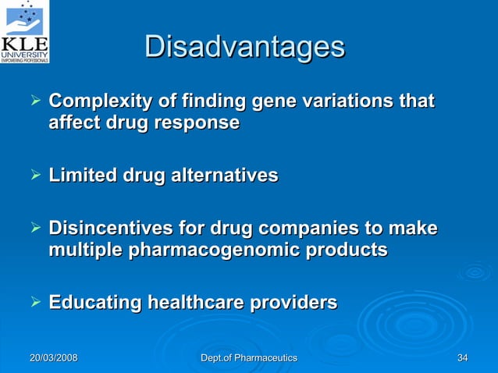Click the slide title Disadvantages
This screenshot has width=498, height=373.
click(244, 47)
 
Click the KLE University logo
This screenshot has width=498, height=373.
click(25, 31)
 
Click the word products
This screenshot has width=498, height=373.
click(349, 250)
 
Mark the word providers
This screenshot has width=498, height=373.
click(297, 302)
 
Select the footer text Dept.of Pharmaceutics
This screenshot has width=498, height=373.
click(249, 357)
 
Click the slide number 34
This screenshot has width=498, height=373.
click(463, 357)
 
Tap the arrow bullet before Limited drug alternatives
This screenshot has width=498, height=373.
click(34, 176)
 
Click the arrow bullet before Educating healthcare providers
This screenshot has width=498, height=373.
click(34, 302)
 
